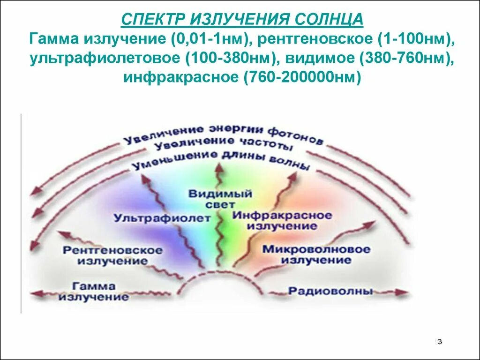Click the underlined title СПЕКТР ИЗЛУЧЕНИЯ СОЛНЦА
(x=242, y=20)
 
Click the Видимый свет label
(x=221, y=199)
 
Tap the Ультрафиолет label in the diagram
(x=162, y=217)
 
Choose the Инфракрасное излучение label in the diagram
(x=282, y=220)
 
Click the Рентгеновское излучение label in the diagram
(x=112, y=255)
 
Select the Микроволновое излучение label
(x=316, y=254)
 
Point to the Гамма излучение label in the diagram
(x=94, y=291)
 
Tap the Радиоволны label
(x=330, y=291)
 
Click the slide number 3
(x=439, y=341)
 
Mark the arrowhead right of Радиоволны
(x=403, y=292)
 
